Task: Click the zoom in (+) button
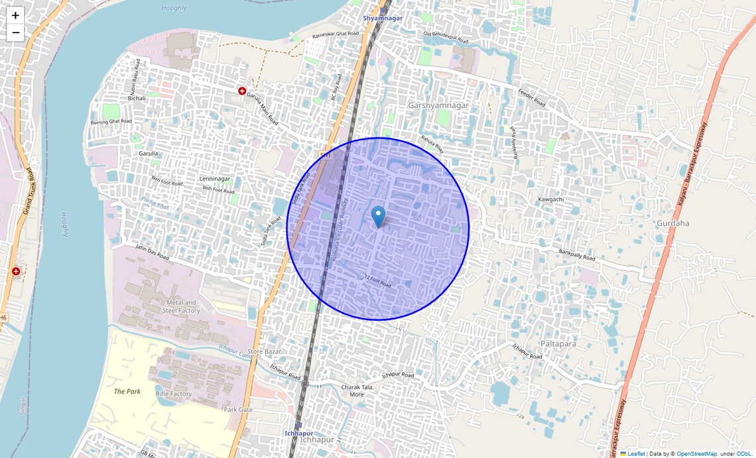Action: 15,15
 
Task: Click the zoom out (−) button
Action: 15,32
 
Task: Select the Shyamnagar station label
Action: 383,18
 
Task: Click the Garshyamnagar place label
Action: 438,105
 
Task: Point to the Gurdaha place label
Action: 672,223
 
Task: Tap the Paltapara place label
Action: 558,344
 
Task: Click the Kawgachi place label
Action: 551,200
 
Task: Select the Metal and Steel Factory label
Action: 181,306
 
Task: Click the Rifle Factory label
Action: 174,394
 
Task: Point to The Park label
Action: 127,392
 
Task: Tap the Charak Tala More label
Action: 356,390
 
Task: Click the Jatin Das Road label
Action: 152,253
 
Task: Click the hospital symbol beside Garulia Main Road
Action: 242,91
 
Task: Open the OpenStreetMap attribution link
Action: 696,454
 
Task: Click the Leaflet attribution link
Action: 636,454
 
